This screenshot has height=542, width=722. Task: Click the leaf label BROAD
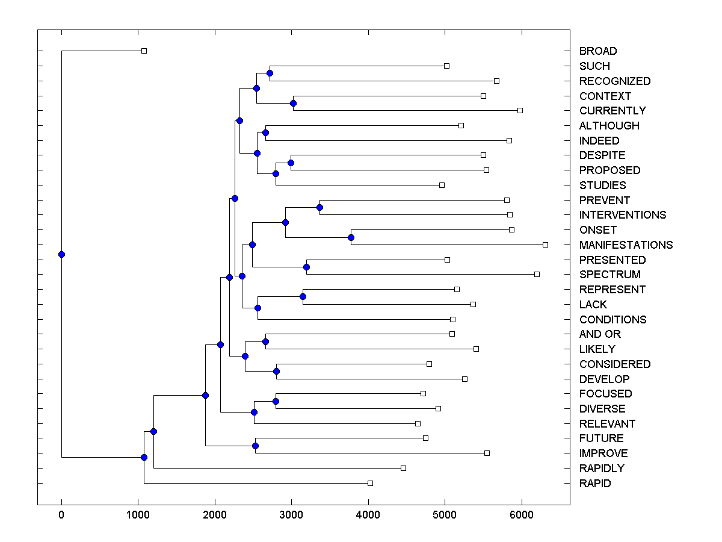click(598, 51)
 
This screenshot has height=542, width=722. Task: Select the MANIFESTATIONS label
click(626, 245)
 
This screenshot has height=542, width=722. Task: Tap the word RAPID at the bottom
click(595, 484)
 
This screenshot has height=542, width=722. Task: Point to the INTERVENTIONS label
click(623, 215)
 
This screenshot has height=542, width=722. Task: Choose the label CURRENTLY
click(612, 111)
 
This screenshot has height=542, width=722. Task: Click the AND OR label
click(600, 334)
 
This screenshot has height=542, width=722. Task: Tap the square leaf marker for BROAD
click(144, 51)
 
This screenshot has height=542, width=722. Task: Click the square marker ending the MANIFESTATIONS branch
click(545, 245)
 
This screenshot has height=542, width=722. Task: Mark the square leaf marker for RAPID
click(370, 483)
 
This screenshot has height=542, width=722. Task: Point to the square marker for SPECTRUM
click(537, 274)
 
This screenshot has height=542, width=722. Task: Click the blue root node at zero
click(61, 254)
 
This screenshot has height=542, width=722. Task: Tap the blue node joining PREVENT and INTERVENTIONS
click(319, 207)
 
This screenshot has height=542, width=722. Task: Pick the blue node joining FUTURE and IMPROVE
click(255, 446)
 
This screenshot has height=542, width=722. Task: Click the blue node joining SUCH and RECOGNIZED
click(270, 73)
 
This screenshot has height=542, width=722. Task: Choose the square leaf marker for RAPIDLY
click(403, 468)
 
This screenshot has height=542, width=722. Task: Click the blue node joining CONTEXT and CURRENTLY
click(293, 103)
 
